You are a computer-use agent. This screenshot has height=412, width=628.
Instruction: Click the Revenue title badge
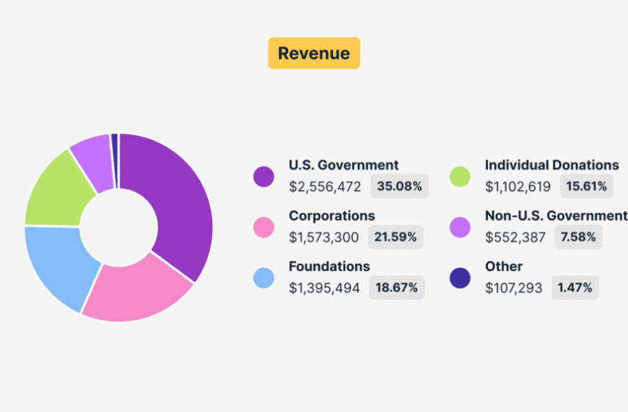(x=313, y=53)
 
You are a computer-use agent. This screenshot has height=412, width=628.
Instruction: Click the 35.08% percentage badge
(x=399, y=186)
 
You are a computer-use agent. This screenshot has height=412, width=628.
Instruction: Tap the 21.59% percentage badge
(x=396, y=237)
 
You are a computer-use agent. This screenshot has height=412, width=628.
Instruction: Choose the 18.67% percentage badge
(x=397, y=288)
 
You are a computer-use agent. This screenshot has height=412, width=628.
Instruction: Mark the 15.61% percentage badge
(x=585, y=186)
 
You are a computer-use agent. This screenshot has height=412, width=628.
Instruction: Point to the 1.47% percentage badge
(x=575, y=288)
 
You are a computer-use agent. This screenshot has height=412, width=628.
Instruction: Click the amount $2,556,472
(x=325, y=186)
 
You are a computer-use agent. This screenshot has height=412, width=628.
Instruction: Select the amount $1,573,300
(x=324, y=237)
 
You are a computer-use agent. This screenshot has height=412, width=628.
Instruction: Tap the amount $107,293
(x=514, y=288)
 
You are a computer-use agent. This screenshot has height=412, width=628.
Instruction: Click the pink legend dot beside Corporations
(x=263, y=227)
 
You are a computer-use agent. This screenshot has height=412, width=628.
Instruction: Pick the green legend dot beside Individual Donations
(x=460, y=176)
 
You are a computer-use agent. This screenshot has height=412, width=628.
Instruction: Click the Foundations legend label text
(x=329, y=266)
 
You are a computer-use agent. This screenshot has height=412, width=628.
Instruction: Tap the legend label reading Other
(x=504, y=266)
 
